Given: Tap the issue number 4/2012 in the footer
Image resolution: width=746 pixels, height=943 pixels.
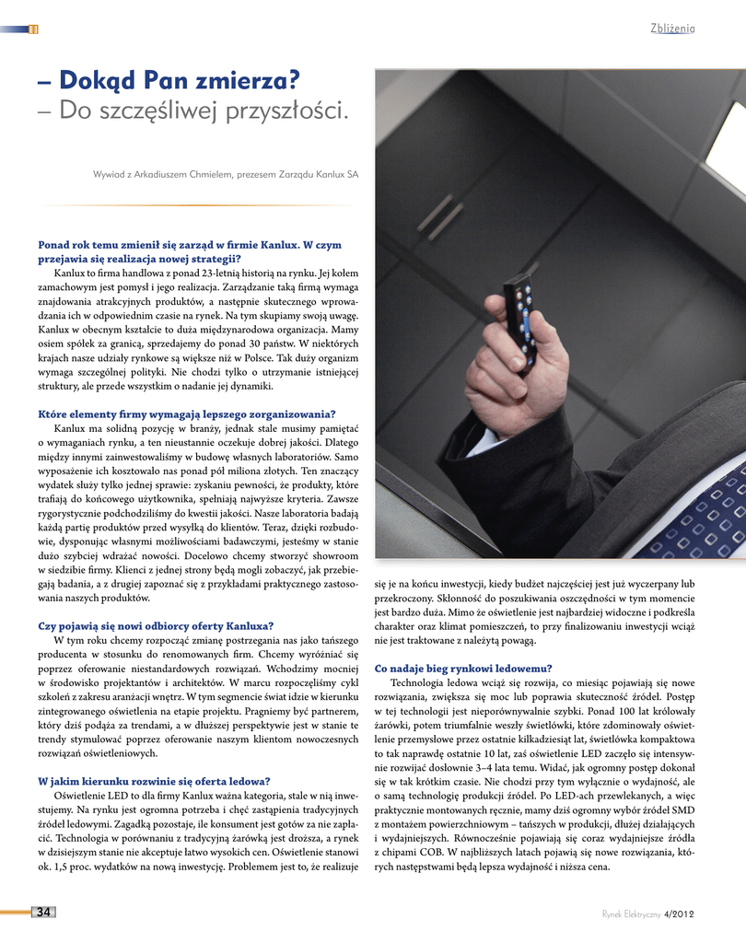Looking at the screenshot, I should (x=677, y=914).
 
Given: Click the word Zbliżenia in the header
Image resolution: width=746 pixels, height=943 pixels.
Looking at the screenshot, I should (x=672, y=29).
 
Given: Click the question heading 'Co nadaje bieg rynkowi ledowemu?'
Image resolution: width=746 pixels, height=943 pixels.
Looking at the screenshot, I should (x=463, y=668).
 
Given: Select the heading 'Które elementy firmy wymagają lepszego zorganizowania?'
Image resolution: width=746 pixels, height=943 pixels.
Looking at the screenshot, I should (x=186, y=413).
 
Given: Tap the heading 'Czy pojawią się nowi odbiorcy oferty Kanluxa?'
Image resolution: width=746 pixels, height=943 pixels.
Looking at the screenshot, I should (x=156, y=626).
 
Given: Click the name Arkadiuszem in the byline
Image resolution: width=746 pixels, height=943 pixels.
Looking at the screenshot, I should (x=183, y=173).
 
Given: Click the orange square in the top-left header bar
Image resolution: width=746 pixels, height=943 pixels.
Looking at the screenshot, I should (x=34, y=29).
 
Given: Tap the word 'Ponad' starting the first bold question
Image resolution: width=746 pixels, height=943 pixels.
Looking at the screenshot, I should (x=54, y=245).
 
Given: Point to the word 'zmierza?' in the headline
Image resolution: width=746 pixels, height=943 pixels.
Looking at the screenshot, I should (x=243, y=80).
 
